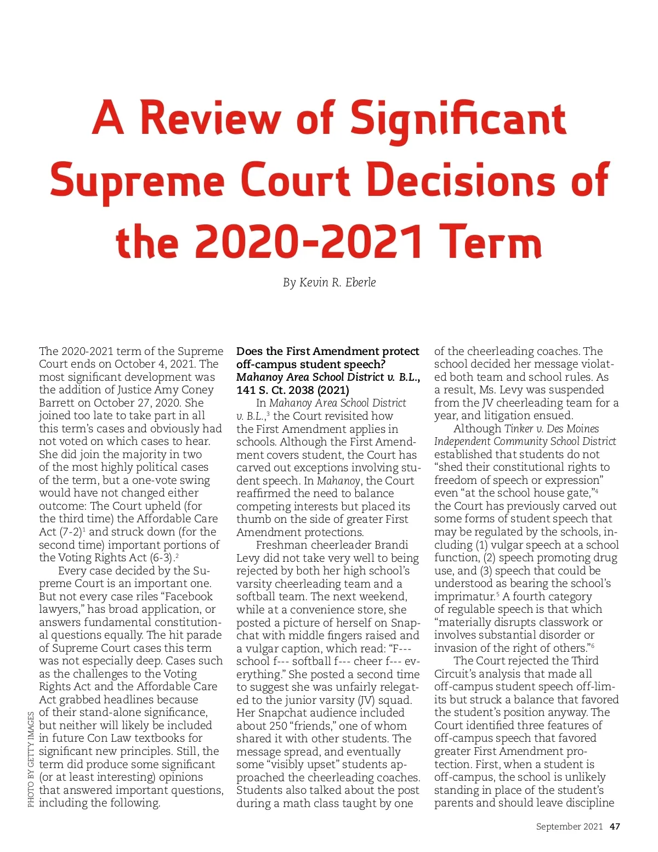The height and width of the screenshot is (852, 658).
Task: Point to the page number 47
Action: tap(615, 826)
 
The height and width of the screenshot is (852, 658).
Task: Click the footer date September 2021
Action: tap(569, 826)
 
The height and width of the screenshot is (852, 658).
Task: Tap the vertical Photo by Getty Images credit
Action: tap(31, 759)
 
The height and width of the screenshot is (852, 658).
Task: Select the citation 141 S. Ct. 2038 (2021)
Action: tap(293, 390)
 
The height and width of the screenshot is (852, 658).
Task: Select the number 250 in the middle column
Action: tap(277, 726)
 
